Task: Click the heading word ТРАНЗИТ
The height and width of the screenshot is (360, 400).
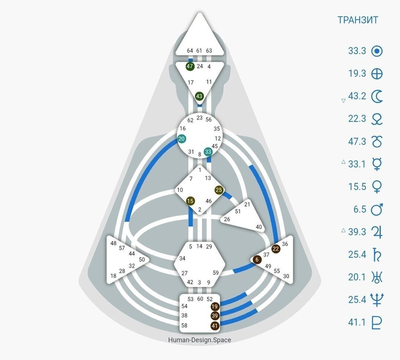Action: click(358, 20)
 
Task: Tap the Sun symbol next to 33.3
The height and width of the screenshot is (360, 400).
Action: click(377, 51)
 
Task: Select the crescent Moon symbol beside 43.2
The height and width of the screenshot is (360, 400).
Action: click(377, 96)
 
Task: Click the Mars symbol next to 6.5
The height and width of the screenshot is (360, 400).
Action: click(377, 209)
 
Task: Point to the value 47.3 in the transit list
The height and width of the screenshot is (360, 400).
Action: click(357, 141)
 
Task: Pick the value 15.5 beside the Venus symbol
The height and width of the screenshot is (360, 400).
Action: click(357, 187)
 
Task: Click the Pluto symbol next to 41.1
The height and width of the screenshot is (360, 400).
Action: click(377, 323)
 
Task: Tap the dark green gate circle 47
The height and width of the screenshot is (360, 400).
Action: click(190, 66)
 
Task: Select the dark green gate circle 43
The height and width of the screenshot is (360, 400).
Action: click(199, 96)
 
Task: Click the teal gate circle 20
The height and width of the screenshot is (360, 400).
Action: click(182, 139)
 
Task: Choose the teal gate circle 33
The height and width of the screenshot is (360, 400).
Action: click(208, 151)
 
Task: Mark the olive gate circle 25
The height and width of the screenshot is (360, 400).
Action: click(219, 190)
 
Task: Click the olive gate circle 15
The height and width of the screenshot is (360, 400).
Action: click(190, 201)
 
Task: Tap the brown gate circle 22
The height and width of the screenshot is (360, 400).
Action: click(276, 249)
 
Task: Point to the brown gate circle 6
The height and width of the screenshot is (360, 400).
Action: click(257, 260)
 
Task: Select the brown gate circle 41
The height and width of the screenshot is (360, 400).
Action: click(214, 325)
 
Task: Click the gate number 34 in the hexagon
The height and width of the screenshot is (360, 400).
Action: click(182, 258)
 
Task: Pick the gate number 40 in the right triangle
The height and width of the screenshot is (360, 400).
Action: click(258, 226)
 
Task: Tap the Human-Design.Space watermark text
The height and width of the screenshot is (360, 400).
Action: click(199, 340)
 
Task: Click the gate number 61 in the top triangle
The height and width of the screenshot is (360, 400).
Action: click(199, 50)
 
